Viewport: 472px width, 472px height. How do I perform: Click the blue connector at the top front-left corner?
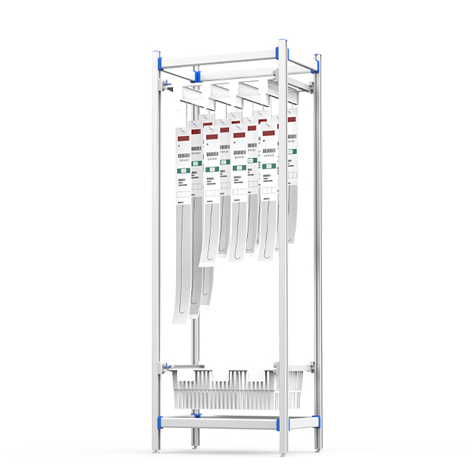click(x=157, y=60)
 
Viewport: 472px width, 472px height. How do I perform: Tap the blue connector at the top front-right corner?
click(x=282, y=50)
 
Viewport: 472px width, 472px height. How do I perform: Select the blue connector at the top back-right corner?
click(x=318, y=64)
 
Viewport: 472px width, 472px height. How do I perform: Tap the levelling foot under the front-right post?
click(x=283, y=455)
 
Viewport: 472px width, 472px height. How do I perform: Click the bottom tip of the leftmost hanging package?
click(x=180, y=319)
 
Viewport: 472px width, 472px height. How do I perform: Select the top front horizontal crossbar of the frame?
click(x=220, y=57)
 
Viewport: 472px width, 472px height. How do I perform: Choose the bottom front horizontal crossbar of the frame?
click(x=220, y=422)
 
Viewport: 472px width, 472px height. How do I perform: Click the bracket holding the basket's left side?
click(x=167, y=367)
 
